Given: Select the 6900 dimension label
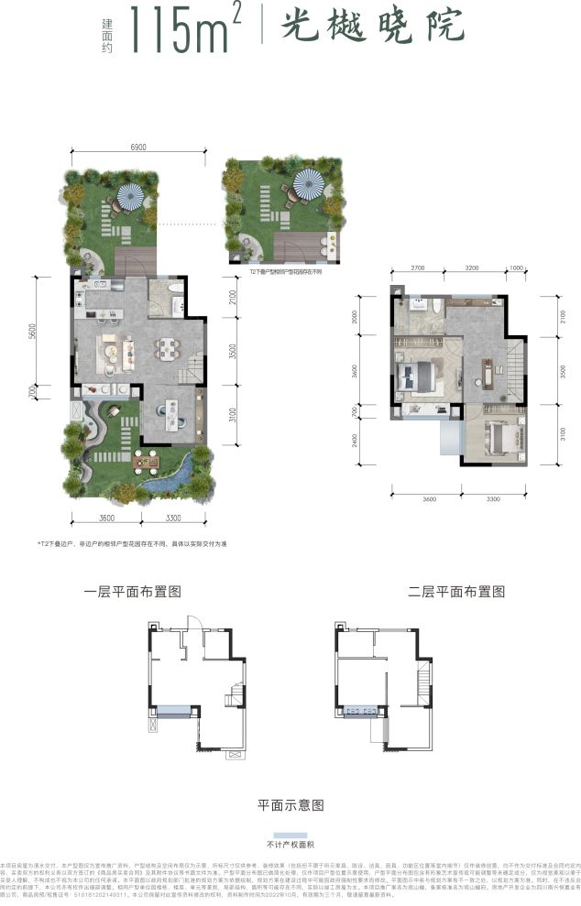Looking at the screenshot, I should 138,147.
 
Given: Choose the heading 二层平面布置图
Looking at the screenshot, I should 455,592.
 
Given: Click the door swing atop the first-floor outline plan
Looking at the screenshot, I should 192,624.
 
